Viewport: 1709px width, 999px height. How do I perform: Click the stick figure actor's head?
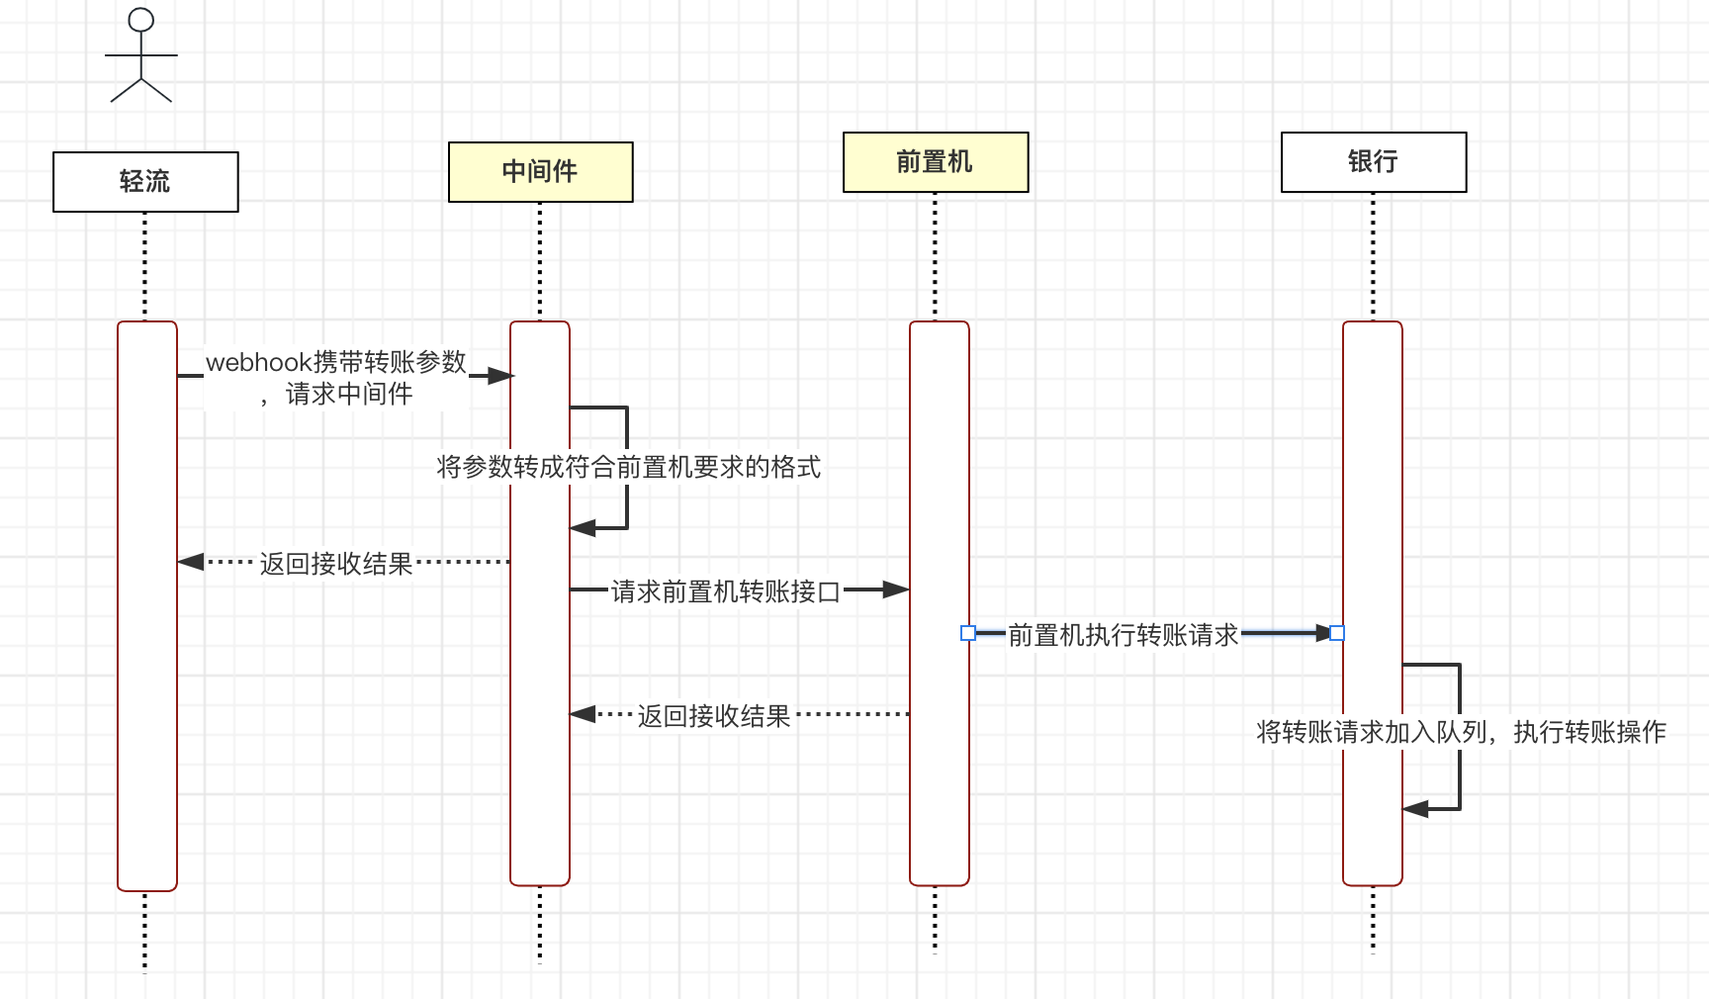click(x=141, y=20)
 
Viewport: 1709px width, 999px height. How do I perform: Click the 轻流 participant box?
click(x=145, y=182)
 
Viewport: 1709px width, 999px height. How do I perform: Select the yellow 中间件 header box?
click(x=541, y=172)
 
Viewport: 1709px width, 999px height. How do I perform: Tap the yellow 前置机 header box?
click(x=936, y=162)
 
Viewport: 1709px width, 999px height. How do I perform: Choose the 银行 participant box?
click(x=1374, y=162)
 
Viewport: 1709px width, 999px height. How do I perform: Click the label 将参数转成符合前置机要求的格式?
click(x=629, y=467)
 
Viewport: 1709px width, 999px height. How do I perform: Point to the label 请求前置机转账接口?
click(x=726, y=591)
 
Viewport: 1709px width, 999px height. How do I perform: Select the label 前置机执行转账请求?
click(x=1124, y=635)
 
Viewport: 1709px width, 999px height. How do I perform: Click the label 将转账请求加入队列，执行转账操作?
click(x=1462, y=732)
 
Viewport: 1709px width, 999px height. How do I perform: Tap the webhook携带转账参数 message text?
click(x=336, y=362)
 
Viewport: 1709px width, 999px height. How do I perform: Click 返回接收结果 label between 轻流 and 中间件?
click(x=336, y=564)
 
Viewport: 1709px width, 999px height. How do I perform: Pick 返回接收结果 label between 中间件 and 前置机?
click(x=714, y=716)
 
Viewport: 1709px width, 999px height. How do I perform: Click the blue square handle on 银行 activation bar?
click(x=1337, y=633)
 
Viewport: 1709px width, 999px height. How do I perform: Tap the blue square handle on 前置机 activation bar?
click(x=968, y=633)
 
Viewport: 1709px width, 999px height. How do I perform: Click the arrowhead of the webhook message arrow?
click(x=501, y=376)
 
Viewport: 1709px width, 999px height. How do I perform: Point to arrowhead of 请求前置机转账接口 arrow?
click(x=896, y=590)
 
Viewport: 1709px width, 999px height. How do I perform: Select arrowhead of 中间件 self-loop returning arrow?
click(x=584, y=528)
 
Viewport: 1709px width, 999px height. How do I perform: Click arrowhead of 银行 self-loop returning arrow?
click(x=1416, y=809)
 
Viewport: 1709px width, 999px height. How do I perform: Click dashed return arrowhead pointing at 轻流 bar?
click(x=191, y=562)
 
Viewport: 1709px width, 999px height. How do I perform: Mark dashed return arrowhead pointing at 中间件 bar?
click(x=584, y=713)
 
